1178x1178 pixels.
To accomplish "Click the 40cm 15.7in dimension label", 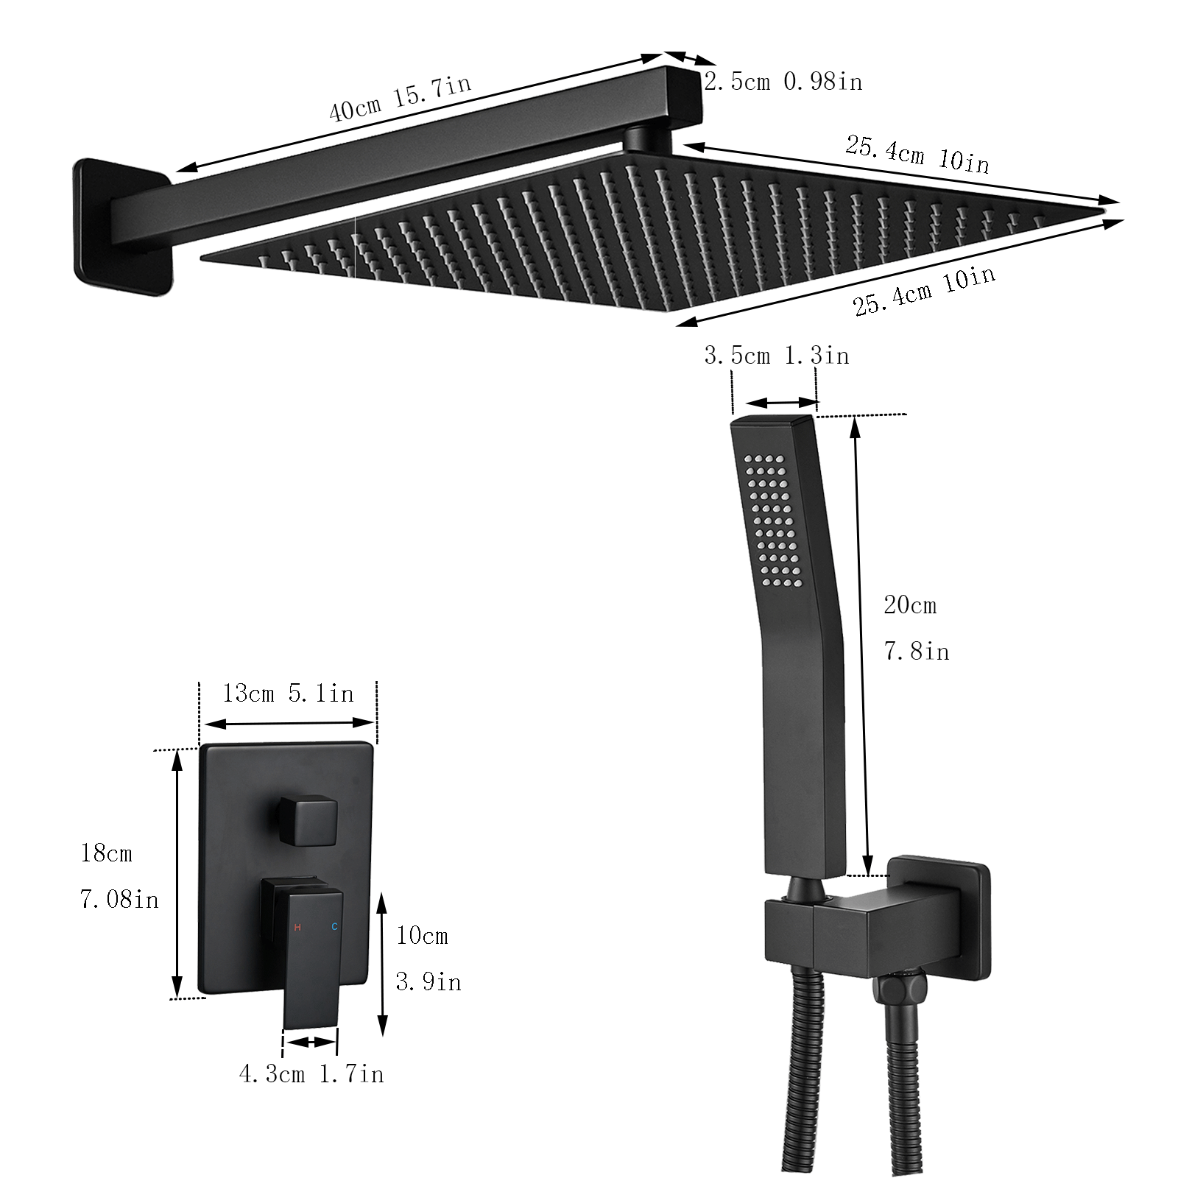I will pos(399,98).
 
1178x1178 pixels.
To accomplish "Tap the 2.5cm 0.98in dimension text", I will pos(783,82).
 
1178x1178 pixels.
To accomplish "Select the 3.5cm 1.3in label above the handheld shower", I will pos(776,356).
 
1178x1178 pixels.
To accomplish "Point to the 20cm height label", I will pos(910,606).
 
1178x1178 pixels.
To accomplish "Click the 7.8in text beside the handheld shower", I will pos(916,652).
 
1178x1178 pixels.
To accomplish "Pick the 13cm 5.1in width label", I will pos(288,694).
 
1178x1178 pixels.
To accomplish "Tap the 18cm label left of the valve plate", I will pos(107,853).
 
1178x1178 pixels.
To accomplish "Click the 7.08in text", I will pos(119,899).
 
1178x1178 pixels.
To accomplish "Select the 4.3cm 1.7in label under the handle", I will pos(311,1074).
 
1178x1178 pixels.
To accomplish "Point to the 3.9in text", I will pos(428,982).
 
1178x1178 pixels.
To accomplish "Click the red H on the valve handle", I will pos(297,927).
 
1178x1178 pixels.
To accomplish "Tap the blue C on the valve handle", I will pos(334,927).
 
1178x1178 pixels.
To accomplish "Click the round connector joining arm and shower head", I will pos(646,139).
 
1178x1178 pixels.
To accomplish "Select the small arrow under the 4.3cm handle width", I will pos(310,1042).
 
